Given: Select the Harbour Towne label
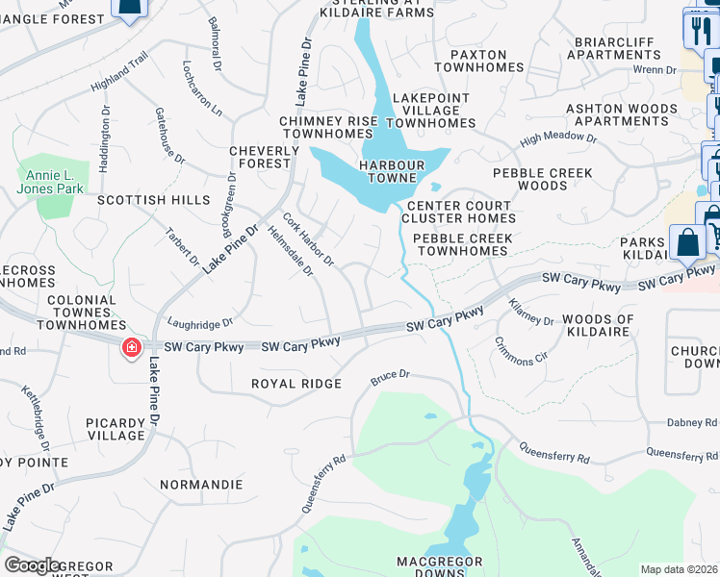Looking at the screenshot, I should tap(399, 172).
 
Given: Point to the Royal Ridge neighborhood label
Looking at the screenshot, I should tap(296, 384).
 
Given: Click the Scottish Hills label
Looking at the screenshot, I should tap(153, 200).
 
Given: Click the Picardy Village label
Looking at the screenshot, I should tap(115, 429).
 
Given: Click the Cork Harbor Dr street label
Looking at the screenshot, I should tap(307, 239).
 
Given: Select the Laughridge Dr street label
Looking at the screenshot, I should tap(200, 324).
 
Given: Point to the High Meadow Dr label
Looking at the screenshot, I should tap(558, 140).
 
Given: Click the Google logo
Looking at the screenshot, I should tap(33, 565).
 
